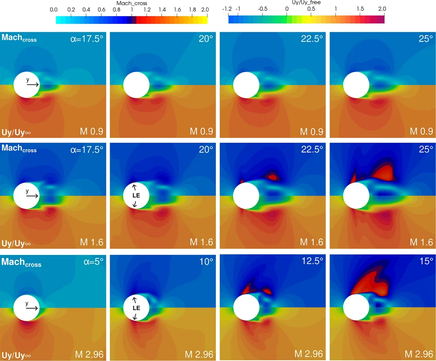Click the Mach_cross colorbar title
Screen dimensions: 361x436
[x=132, y=3]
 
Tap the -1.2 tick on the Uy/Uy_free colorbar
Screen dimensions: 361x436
[x=227, y=9]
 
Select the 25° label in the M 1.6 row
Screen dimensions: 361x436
[x=425, y=149]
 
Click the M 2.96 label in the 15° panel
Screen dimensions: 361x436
[x=419, y=354]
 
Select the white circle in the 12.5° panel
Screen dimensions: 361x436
[x=246, y=308]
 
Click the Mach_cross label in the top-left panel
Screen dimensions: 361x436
[x=19, y=38]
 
